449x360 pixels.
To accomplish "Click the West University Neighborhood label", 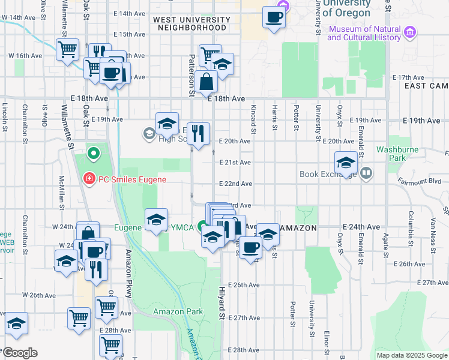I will coord(191,23).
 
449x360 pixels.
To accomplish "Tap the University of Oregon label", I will coord(346,8).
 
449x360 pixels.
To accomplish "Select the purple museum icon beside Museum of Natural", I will coord(410,31).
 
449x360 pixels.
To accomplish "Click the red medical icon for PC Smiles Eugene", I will coord(89,179).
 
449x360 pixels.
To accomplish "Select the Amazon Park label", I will coord(178,311).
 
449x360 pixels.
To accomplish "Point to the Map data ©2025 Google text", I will coord(412,355).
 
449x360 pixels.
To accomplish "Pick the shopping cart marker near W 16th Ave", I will coord(68,50).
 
